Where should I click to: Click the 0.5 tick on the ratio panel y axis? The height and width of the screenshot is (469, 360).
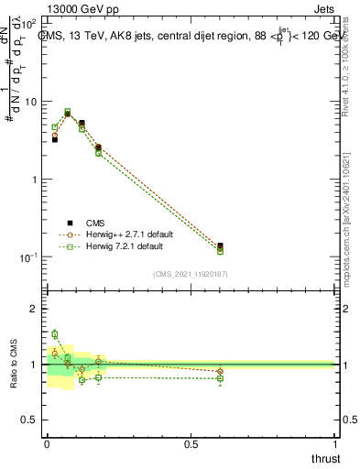pos(32,420)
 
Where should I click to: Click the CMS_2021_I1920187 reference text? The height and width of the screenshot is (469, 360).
pos(191,274)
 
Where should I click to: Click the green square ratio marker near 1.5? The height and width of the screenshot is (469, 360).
pos(54,334)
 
